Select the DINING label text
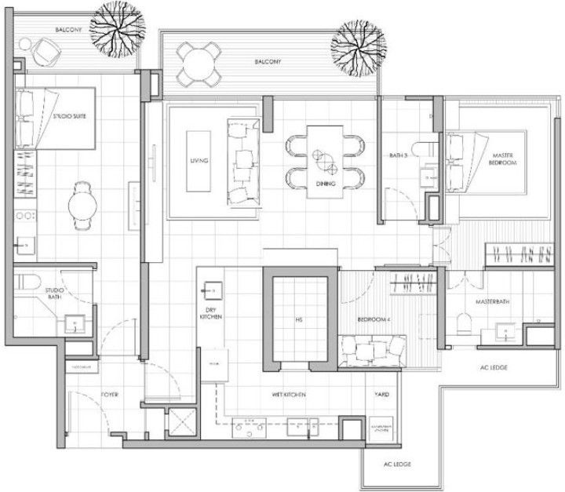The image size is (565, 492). [x=326, y=184]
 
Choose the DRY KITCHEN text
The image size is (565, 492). [x=210, y=314]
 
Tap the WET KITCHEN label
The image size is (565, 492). [x=289, y=395]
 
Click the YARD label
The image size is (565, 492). [x=382, y=396]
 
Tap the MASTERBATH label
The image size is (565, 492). [x=492, y=302]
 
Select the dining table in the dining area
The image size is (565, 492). [x=325, y=158]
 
